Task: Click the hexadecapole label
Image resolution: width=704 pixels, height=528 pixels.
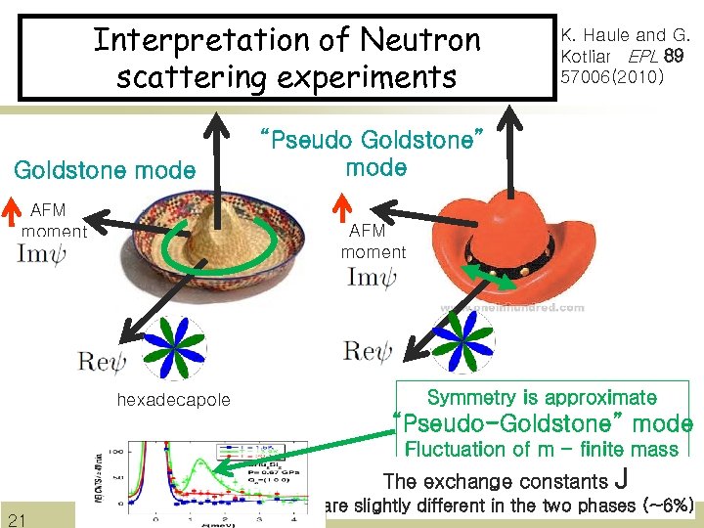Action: tap(174, 399)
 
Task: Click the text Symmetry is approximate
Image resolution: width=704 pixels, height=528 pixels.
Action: tap(542, 398)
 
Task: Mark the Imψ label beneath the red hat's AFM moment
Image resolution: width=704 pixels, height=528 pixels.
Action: tap(372, 278)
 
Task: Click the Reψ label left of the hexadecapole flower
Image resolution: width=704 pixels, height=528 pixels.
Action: tap(102, 363)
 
